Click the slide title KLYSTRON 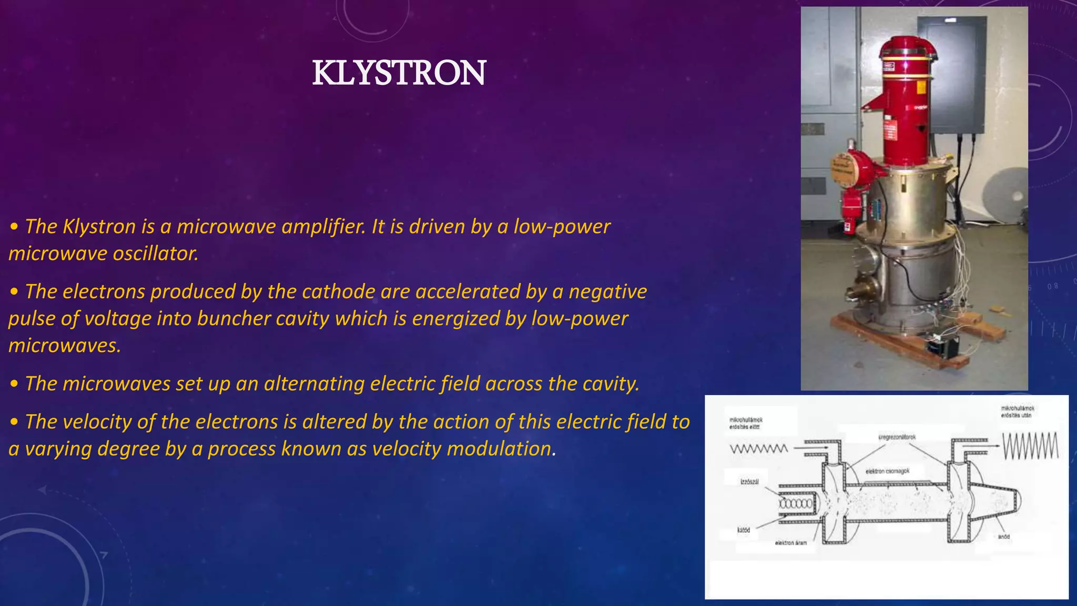(399, 73)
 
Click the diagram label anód (1003, 537)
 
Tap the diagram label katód (743, 530)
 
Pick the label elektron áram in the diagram (790, 542)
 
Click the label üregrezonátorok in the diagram (897, 437)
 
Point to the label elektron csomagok (887, 471)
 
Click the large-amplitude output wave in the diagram (1030, 446)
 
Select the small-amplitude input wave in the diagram (759, 449)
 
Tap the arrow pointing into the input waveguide (810, 448)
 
